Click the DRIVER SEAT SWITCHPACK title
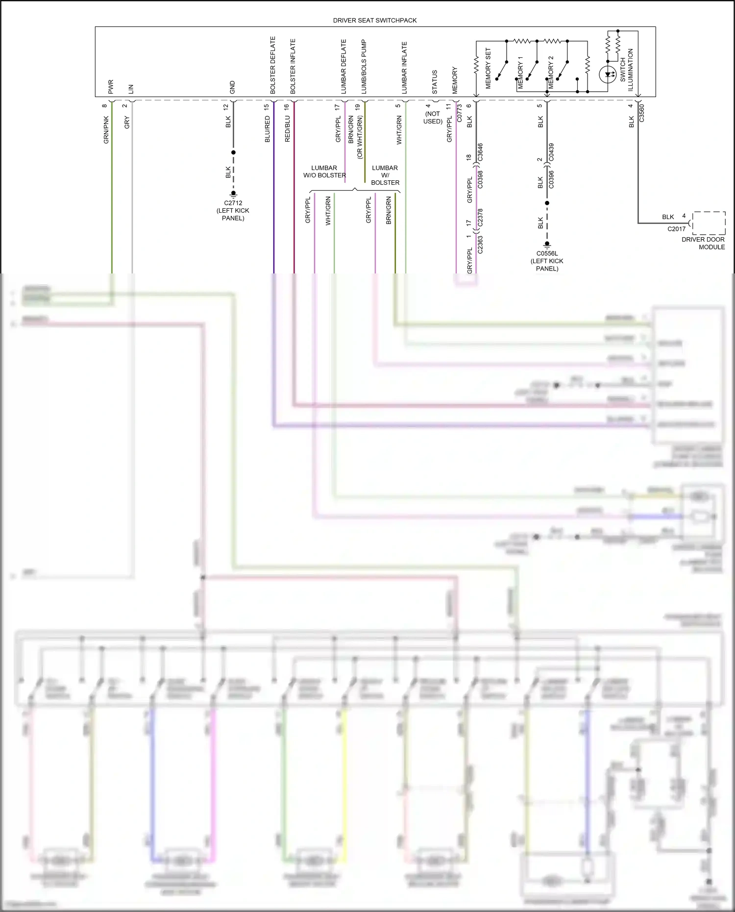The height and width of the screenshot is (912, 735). [374, 21]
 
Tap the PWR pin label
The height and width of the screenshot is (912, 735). [111, 87]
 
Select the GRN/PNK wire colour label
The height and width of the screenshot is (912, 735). [106, 130]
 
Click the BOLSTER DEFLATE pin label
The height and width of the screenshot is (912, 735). [273, 65]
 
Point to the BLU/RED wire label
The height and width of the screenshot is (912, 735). [267, 129]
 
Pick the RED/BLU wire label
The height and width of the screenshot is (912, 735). [287, 129]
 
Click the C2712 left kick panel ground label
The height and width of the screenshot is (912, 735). [233, 210]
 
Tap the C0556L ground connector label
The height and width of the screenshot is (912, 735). [547, 261]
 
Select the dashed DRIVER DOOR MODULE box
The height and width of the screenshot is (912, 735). [709, 223]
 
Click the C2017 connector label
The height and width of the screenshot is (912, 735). [676, 229]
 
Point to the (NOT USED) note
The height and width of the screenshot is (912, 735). [433, 118]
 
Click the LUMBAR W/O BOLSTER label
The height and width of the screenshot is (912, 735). [324, 172]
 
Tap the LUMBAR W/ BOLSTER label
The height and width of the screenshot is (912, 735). [385, 175]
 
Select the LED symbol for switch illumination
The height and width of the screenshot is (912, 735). [608, 74]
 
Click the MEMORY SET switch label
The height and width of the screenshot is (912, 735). [488, 68]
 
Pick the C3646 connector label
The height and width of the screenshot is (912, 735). [480, 152]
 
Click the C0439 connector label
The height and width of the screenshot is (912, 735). [551, 152]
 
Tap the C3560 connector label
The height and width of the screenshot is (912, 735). [641, 113]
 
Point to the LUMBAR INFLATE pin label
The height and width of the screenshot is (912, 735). [404, 68]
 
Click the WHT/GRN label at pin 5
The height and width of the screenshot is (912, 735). [399, 130]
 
